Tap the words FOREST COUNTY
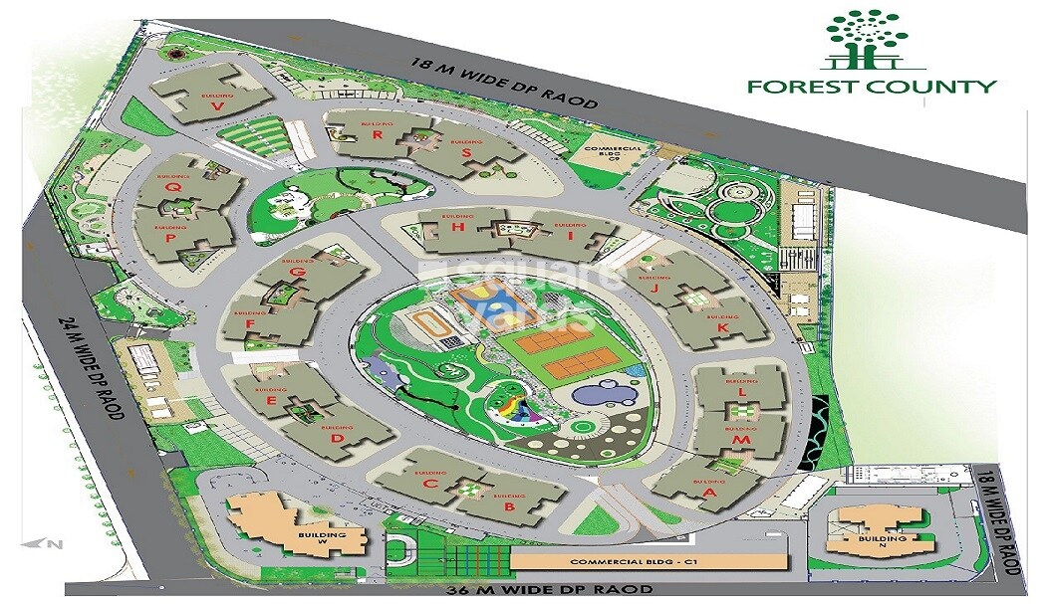(872, 86)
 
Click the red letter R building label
(379, 134)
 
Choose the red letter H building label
(457, 227)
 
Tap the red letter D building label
(337, 437)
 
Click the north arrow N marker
(56, 543)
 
